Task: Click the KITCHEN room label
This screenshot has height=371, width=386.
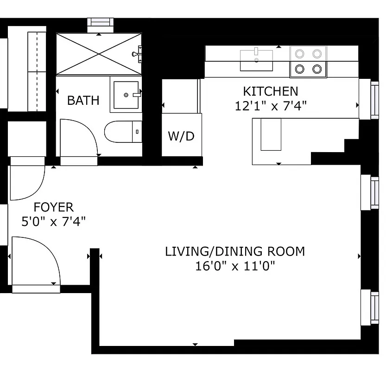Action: tap(271, 91)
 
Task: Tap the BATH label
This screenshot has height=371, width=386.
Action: tap(83, 100)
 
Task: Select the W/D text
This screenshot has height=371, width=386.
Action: tap(181, 136)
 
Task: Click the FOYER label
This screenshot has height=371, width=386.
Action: tap(54, 207)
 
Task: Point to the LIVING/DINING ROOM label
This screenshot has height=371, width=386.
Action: tap(235, 251)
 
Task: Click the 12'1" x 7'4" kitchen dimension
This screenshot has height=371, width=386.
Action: tap(271, 106)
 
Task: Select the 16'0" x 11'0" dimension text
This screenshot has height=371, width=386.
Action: tap(235, 266)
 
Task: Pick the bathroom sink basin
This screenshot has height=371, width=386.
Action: tap(126, 95)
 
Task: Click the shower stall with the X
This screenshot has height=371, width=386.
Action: tap(99, 53)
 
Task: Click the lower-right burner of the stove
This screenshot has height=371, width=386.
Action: tap(317, 69)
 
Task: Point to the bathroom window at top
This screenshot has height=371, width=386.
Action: tap(100, 22)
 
